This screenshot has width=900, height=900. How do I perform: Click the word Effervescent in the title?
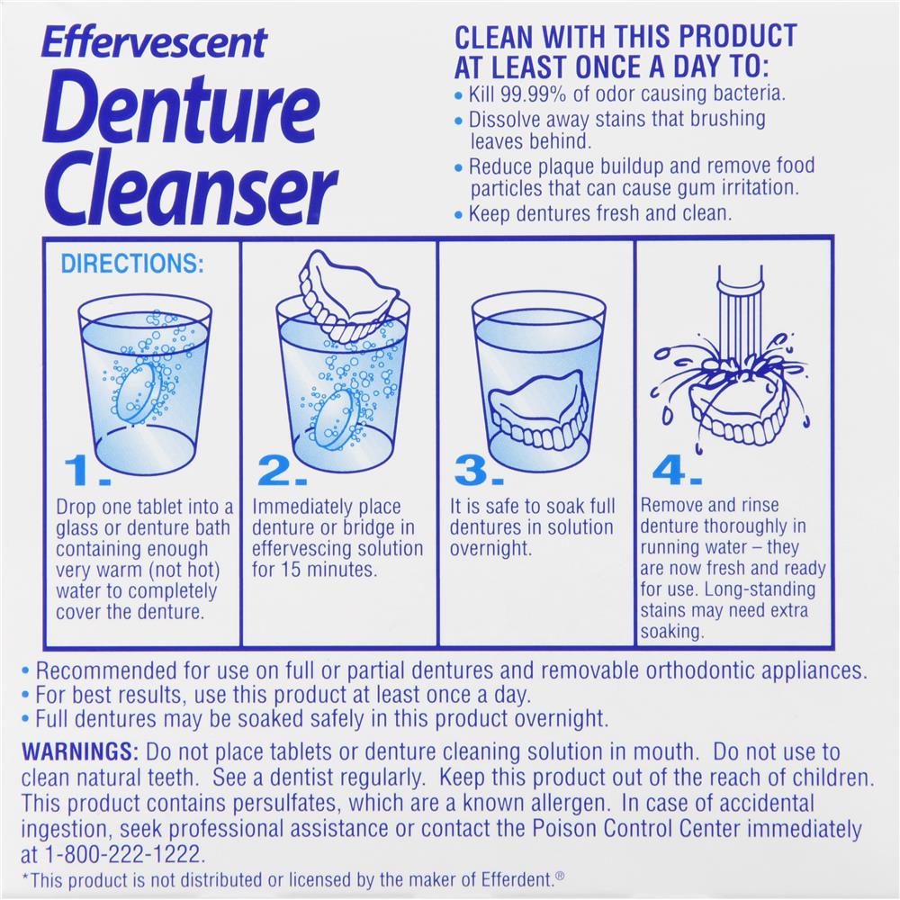(154, 42)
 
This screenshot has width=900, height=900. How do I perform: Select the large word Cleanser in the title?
(190, 186)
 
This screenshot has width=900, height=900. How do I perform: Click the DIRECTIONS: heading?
(132, 264)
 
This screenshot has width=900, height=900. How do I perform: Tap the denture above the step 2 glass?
(348, 295)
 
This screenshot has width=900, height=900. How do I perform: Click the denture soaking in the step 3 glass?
(538, 409)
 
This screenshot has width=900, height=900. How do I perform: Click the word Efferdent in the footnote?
(517, 880)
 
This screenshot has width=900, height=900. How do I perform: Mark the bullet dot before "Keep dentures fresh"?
(458, 215)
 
